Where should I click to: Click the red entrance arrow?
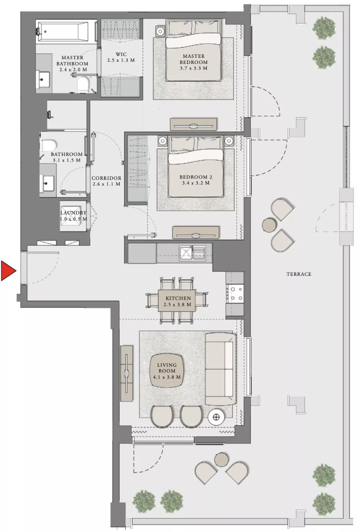point(8,271)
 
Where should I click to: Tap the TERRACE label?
point(299,274)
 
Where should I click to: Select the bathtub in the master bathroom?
point(66,31)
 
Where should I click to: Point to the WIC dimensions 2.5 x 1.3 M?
point(121,60)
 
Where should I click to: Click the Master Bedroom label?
point(194,59)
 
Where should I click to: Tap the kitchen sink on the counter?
point(192,253)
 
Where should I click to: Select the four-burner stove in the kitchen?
point(235,294)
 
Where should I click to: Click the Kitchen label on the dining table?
point(178,298)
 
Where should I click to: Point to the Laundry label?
point(73,213)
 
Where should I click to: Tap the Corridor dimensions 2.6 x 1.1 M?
point(106,184)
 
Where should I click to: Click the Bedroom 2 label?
point(196,177)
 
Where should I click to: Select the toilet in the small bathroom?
point(49,145)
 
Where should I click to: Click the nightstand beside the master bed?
point(160,31)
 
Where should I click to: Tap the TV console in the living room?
point(126,373)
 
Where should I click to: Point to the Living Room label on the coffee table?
point(167,368)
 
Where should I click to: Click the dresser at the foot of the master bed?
point(194,125)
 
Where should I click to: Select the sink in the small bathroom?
point(47,183)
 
